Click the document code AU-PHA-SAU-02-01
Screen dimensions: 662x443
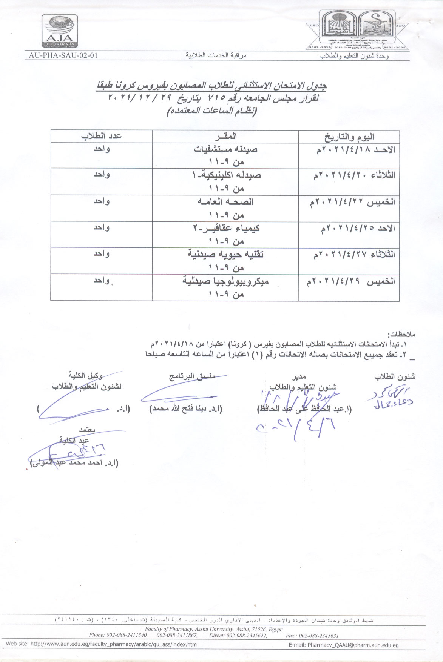coord(63,55)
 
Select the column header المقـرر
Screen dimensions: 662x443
coord(226,136)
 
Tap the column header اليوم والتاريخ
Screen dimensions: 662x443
coord(349,137)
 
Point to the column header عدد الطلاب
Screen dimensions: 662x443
coord(101,136)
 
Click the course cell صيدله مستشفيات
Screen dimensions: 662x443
coord(226,149)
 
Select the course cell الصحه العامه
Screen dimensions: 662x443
coord(225,202)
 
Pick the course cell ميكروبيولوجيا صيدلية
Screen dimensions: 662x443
coord(225,281)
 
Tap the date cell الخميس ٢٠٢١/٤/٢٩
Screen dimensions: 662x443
coord(351,281)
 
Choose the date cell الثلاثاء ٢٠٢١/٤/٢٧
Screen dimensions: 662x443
coord(354,255)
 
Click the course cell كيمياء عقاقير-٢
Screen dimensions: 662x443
coord(226,228)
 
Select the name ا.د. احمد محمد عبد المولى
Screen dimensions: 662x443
coord(74,462)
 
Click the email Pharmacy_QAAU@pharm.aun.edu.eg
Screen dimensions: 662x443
coord(353,645)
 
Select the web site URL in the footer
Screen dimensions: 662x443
coord(101,644)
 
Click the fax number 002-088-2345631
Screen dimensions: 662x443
coord(312,635)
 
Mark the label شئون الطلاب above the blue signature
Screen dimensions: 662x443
coord(394,377)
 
